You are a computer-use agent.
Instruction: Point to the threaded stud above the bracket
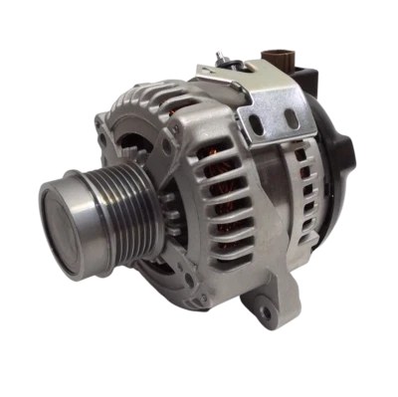pyautogui.click(x=237, y=58)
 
